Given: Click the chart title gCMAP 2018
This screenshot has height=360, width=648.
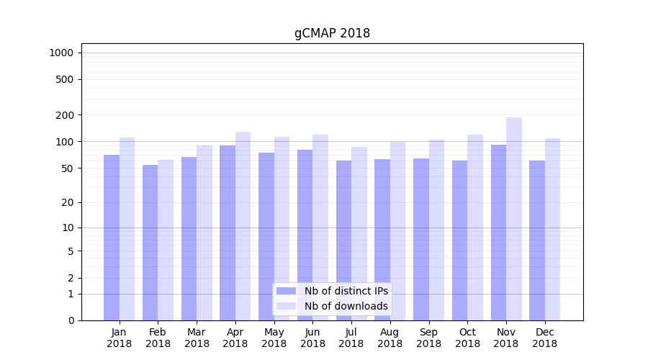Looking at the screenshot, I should point(332,34).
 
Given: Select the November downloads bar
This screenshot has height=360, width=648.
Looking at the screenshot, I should point(514,219).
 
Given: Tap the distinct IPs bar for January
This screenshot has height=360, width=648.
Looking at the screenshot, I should point(112,238).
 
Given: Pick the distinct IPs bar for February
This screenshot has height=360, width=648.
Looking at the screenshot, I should point(150,243).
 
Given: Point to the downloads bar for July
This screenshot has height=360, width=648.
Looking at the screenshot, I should point(359,233).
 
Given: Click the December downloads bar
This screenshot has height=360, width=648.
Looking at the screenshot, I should point(552,229).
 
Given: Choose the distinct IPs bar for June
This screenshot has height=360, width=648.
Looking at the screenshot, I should point(305,235).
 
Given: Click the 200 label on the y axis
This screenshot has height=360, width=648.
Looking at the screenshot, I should point(65,115).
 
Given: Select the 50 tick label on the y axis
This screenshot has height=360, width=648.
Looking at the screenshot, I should point(67,168).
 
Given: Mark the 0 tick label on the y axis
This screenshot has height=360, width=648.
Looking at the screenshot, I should point(71,320).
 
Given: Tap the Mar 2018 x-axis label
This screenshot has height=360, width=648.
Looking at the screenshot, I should point(197,338).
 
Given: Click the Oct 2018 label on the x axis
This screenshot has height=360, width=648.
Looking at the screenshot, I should point(467,338).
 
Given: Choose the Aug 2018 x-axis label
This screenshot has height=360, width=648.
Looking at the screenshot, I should point(390,338).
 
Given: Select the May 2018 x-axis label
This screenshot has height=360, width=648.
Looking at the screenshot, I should point(274,338).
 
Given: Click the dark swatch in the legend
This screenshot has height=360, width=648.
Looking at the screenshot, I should point(287,291).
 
